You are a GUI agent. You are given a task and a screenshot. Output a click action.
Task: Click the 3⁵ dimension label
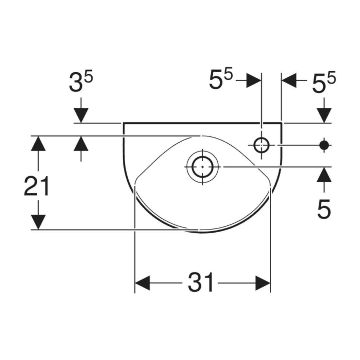click(81, 81)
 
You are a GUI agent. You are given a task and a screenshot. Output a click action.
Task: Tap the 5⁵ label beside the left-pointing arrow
click(324, 82)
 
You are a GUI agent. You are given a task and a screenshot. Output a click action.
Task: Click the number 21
click(37, 186)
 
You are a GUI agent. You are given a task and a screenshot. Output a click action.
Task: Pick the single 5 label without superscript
click(324, 209)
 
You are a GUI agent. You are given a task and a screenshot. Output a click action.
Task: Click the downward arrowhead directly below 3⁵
click(81, 115)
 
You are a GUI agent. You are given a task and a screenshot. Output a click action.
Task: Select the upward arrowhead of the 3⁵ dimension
click(81, 143)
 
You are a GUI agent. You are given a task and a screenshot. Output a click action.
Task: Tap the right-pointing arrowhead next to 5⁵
click(254, 81)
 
